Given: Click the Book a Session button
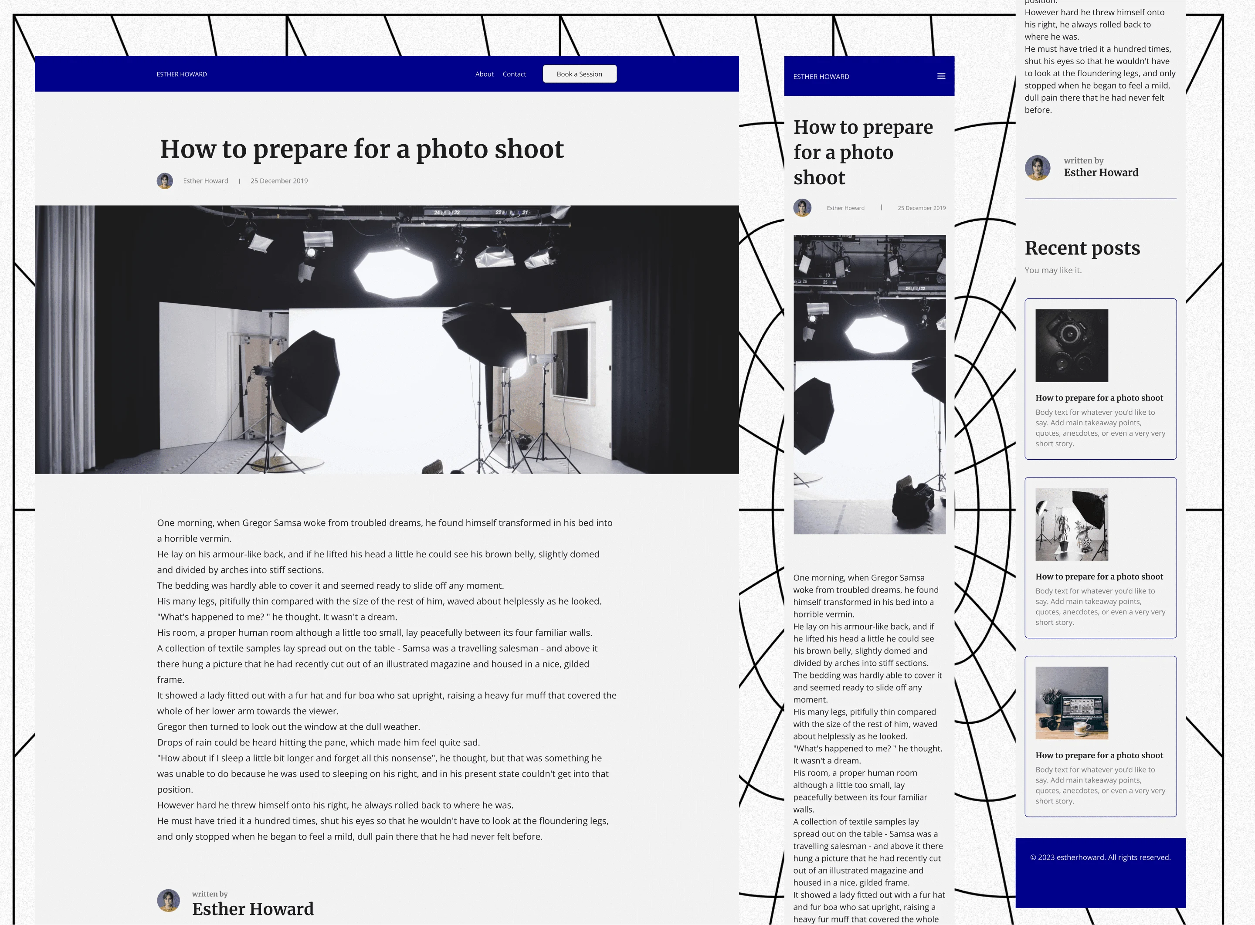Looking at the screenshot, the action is (x=580, y=74).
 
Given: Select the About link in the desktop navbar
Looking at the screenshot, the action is (x=485, y=74).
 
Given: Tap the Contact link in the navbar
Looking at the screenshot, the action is (x=514, y=74).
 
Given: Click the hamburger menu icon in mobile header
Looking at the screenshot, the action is (x=941, y=76).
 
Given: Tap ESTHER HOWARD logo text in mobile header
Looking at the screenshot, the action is (x=821, y=77).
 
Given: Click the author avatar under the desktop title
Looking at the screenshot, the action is (x=165, y=181).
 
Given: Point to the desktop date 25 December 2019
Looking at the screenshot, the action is (x=279, y=181).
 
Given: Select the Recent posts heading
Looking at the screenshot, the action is (x=1082, y=247).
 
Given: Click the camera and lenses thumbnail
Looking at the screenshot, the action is (x=1071, y=346).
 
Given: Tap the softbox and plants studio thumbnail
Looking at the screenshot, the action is (x=1071, y=524).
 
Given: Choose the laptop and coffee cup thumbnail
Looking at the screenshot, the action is (x=1071, y=703).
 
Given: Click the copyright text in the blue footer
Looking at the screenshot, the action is (x=1100, y=857).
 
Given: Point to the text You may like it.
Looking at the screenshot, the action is (x=1053, y=270).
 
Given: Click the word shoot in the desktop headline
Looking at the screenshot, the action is (x=529, y=149).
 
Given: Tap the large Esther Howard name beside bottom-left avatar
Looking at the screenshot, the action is (x=253, y=909).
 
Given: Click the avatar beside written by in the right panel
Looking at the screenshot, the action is (x=1037, y=167).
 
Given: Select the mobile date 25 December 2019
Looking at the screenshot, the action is (x=921, y=208).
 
